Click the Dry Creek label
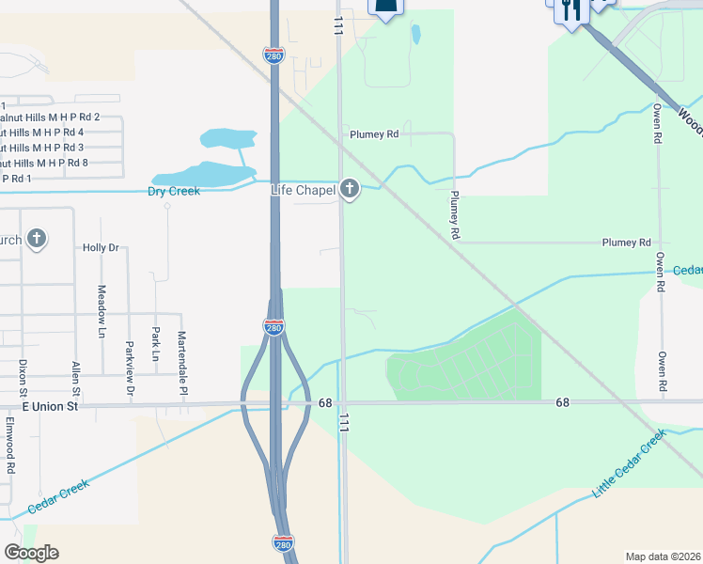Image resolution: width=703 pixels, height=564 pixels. click(x=174, y=192)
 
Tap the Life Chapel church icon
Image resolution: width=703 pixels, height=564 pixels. click(x=350, y=190)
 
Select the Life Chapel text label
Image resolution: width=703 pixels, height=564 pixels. click(x=303, y=190)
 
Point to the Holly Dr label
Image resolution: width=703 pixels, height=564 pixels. click(x=101, y=248)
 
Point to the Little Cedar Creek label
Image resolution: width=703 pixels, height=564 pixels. click(x=628, y=464)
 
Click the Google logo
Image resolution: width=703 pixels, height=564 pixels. click(x=31, y=552)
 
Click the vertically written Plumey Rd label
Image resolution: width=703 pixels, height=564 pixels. click(x=454, y=213)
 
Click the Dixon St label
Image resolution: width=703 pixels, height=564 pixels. click(x=22, y=376)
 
